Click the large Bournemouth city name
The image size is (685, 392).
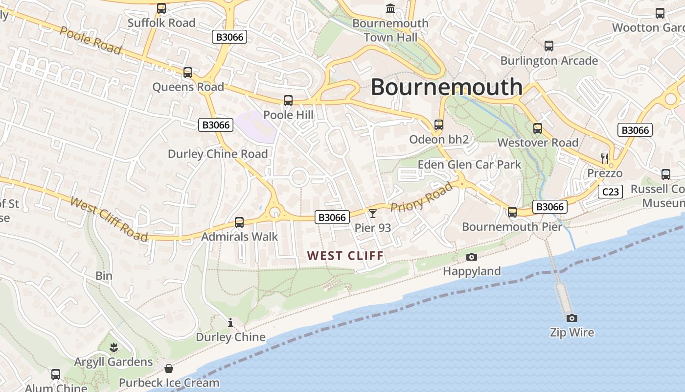tap(446, 87)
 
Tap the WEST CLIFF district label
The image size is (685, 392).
tap(345, 255)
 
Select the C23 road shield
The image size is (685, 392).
tap(610, 192)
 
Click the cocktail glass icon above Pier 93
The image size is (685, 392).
tap(373, 213)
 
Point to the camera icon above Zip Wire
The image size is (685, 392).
tap(571, 318)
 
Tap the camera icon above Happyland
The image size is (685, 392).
tap(472, 257)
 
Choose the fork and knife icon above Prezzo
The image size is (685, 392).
tap(605, 158)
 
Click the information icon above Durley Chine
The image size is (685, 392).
tap(230, 322)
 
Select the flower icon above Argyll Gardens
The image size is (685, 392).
tap(114, 347)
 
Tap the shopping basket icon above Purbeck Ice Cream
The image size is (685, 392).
tap(169, 368)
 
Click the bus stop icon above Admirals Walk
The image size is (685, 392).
tap(239, 222)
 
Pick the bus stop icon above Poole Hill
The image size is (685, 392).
tap(288, 100)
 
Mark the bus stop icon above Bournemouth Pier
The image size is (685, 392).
tap(512, 212)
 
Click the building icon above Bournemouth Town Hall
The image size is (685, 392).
tap(390, 8)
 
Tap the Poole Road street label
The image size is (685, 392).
tap(91, 40)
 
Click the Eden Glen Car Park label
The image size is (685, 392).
tap(469, 165)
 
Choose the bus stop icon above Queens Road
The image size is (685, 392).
tap(188, 73)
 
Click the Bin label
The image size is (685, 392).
tap(104, 276)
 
